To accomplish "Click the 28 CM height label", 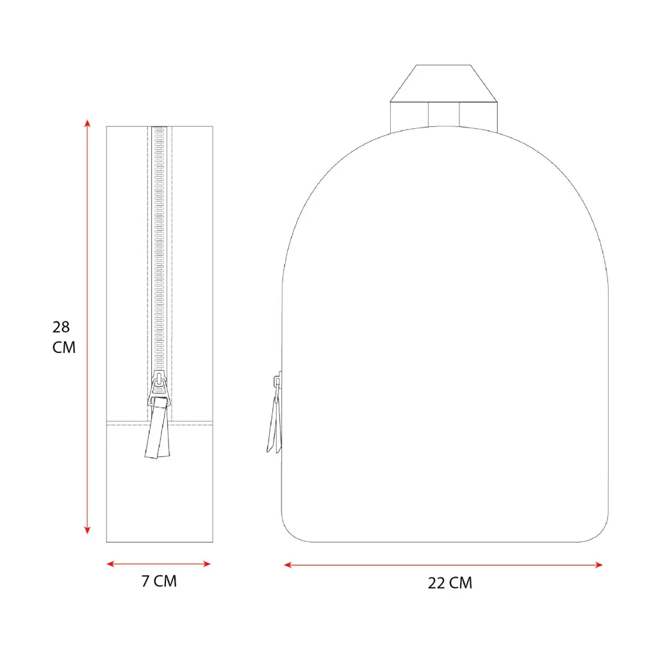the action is tap(63, 337).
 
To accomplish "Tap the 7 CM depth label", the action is tap(159, 581).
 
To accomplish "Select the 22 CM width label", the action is tap(450, 583).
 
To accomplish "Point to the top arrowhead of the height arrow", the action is tap(87, 123).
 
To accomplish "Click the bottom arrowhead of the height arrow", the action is tap(87, 530).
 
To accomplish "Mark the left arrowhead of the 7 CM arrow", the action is tap(110, 564).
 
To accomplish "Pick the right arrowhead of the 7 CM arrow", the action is tap(207, 564).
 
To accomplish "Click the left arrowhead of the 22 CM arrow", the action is tap(288, 565).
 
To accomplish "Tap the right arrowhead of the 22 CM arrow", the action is tap(599, 565).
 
